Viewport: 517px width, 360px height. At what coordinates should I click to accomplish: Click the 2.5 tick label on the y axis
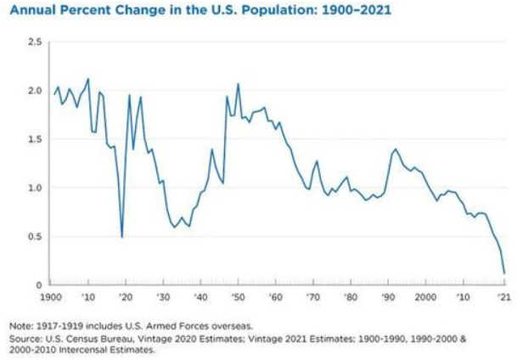coord(35,41)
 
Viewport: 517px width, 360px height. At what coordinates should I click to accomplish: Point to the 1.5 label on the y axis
coord(35,138)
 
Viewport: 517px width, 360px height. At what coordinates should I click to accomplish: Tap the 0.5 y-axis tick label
coord(35,236)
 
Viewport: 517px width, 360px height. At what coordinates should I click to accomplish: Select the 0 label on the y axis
coord(39,285)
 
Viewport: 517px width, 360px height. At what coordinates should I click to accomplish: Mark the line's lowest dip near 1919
coord(122,237)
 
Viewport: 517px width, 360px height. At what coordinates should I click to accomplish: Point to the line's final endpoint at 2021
coord(504,273)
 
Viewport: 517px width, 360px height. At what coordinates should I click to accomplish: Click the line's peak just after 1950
coord(238,84)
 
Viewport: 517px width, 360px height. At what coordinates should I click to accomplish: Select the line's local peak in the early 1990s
coord(396,149)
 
